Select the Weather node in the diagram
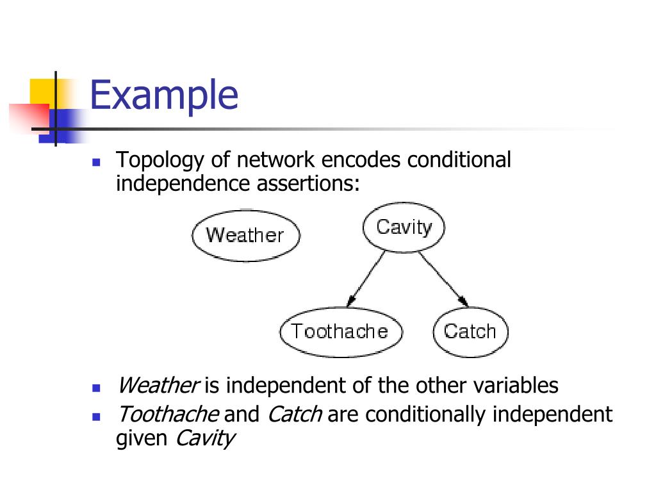click(245, 235)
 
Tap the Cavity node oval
click(404, 227)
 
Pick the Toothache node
click(340, 331)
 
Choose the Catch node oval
click(470, 331)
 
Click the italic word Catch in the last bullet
click(295, 414)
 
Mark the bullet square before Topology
click(97, 162)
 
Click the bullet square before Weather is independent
click(97, 388)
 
